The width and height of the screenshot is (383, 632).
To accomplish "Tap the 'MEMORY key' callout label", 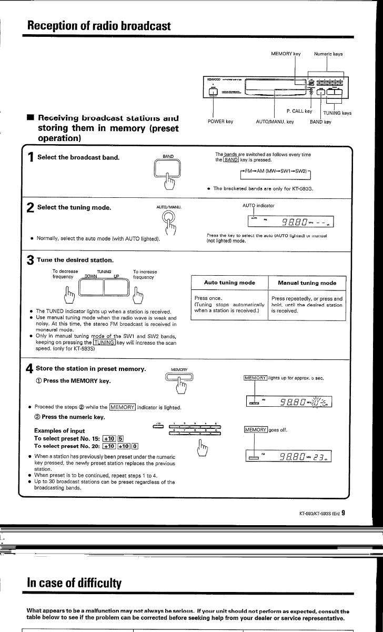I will pos(286,54).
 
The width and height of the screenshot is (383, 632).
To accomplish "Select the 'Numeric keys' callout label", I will pos(328,54).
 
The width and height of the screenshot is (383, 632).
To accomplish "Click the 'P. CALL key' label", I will pos(299,111).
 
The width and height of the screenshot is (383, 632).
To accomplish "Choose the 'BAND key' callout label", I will pos(320,122).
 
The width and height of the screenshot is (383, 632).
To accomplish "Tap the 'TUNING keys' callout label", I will pos(337,113).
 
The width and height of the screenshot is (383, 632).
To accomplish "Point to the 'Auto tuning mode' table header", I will pos(229,283).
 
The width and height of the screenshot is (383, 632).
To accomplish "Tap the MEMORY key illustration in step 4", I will pos(177,377).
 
